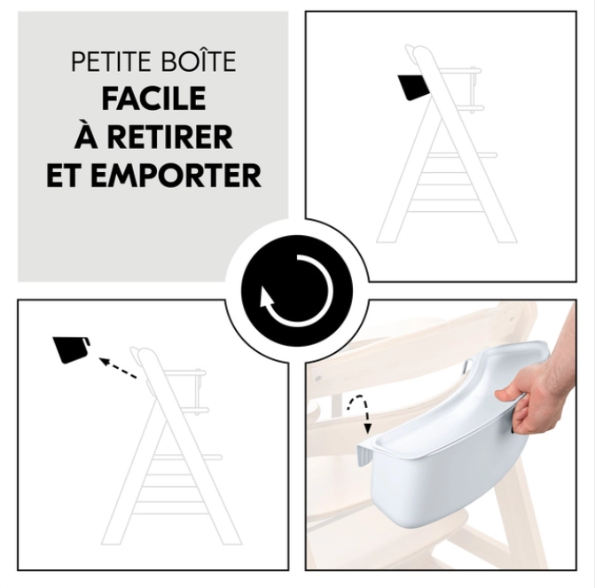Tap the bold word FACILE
[153, 99]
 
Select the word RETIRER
[170, 137]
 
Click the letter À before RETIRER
[87, 137]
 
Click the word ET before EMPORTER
[67, 175]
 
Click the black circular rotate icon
[297, 291]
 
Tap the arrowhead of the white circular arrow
[267, 298]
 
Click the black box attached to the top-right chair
[414, 86]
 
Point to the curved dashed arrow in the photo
[359, 413]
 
